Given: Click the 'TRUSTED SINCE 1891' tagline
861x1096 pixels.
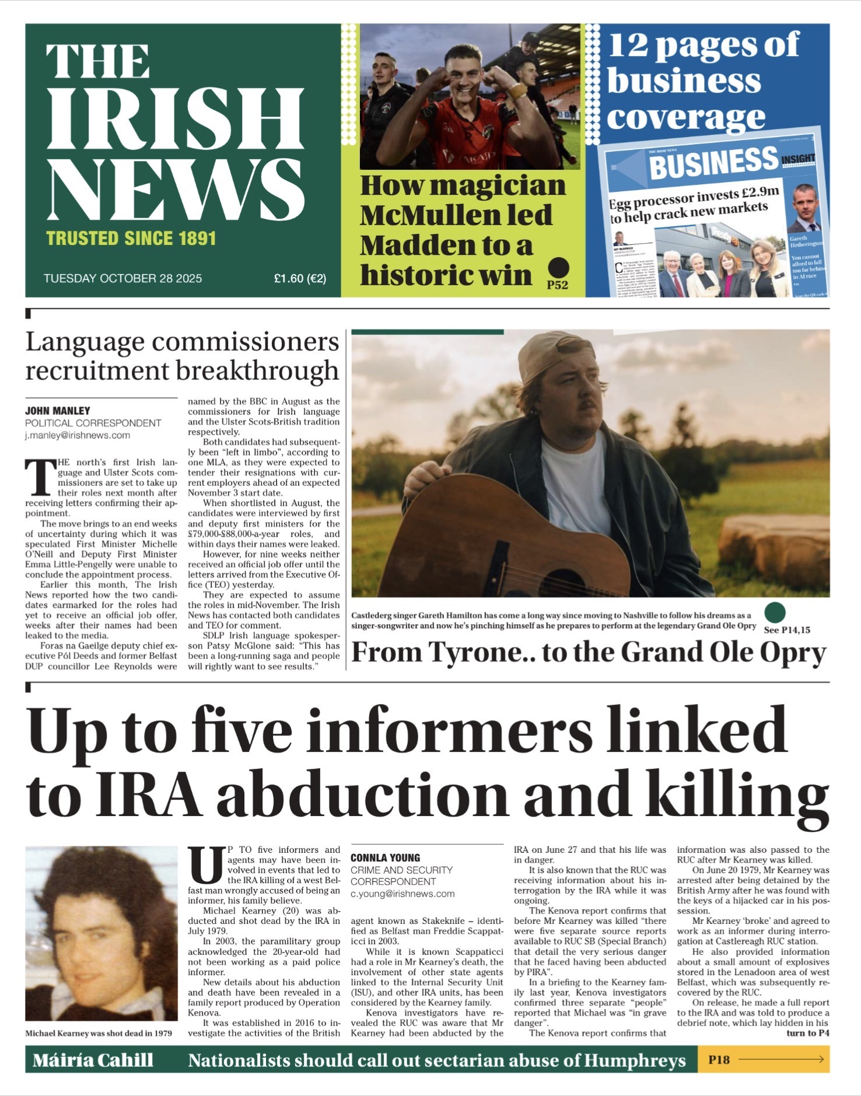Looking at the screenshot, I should point(131,239).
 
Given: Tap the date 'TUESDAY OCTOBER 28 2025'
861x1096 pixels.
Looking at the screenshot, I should point(123,278).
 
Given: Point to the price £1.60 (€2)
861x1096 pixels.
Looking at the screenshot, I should point(300,278).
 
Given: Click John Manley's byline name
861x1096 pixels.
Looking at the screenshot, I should point(58,411).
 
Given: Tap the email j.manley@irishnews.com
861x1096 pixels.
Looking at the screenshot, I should point(77,435).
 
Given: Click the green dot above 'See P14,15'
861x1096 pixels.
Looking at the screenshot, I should point(775,612).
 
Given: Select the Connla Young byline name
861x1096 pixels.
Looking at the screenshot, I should point(385,857).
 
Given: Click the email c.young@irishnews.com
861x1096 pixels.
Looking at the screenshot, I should point(402,893).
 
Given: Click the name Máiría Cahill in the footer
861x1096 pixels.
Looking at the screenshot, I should point(93,1060).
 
